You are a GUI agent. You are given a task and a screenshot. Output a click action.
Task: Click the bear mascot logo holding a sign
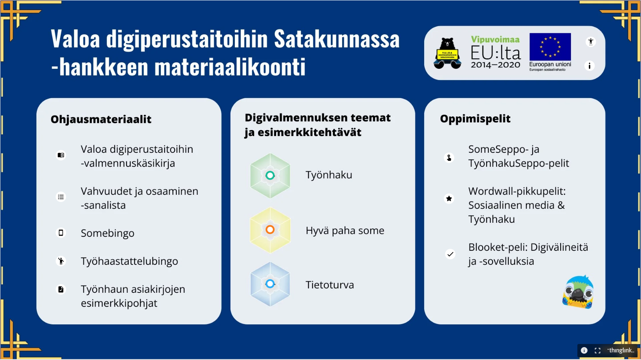[447, 53]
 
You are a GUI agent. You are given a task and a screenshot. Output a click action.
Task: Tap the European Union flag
[550, 47]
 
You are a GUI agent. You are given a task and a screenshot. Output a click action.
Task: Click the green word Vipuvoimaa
[495, 39]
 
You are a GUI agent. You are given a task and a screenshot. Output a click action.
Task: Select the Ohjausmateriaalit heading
[101, 119]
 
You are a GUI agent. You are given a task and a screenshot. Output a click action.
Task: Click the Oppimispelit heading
[475, 118]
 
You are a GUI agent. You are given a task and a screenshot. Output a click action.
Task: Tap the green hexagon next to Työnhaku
[270, 176]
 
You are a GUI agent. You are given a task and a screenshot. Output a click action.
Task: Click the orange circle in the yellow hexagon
[270, 230]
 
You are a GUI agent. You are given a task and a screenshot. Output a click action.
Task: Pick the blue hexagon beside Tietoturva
[270, 284]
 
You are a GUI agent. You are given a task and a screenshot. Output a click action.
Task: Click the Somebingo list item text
[107, 233]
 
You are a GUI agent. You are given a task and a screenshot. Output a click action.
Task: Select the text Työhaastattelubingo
[129, 261]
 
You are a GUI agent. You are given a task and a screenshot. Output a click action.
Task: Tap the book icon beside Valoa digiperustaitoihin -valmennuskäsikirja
[61, 155]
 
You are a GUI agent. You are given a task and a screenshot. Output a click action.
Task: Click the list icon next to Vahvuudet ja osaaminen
[61, 197]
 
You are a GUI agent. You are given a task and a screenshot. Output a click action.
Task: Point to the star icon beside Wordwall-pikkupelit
[449, 198]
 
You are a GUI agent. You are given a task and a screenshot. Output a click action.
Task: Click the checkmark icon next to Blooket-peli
[450, 254]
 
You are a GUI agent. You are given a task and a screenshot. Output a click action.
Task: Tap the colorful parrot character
[578, 292]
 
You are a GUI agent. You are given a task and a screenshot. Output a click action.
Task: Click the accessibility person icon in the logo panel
[591, 42]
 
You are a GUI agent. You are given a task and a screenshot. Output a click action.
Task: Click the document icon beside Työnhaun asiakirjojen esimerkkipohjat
[61, 289]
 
